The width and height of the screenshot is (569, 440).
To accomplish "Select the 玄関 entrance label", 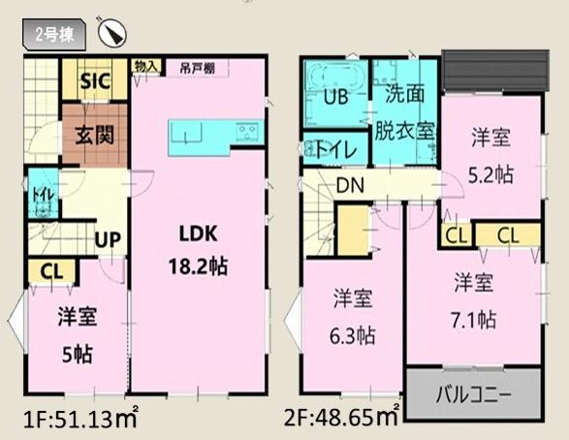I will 94,134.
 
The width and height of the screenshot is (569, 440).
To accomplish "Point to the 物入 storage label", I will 146,65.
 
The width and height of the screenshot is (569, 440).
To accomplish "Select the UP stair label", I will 108,237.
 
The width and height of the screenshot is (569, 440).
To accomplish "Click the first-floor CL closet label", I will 51,272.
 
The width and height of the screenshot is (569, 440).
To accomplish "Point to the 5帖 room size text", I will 79,355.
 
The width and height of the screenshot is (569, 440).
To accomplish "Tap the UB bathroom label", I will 335,98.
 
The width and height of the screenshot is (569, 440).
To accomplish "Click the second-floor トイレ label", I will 334,149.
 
